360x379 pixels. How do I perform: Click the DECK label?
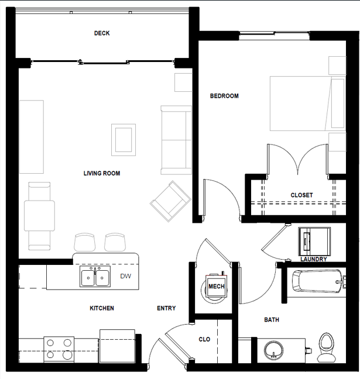(x=102, y=33)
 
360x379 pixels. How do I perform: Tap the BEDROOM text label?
(x=224, y=96)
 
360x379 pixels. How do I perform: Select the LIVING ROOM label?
(x=101, y=173)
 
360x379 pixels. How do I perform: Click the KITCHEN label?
(x=101, y=308)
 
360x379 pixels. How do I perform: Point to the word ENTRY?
(x=166, y=308)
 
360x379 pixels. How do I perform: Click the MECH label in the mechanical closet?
(x=216, y=287)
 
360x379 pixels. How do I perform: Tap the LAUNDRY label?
(x=313, y=259)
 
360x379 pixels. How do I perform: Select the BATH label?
(x=272, y=320)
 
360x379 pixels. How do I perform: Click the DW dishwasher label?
(x=125, y=276)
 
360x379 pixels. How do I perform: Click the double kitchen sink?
(x=95, y=277)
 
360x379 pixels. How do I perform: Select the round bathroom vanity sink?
(x=273, y=351)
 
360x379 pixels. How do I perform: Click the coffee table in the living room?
(x=124, y=139)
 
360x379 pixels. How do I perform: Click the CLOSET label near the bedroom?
(x=301, y=195)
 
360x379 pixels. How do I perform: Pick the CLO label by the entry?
(x=204, y=339)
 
